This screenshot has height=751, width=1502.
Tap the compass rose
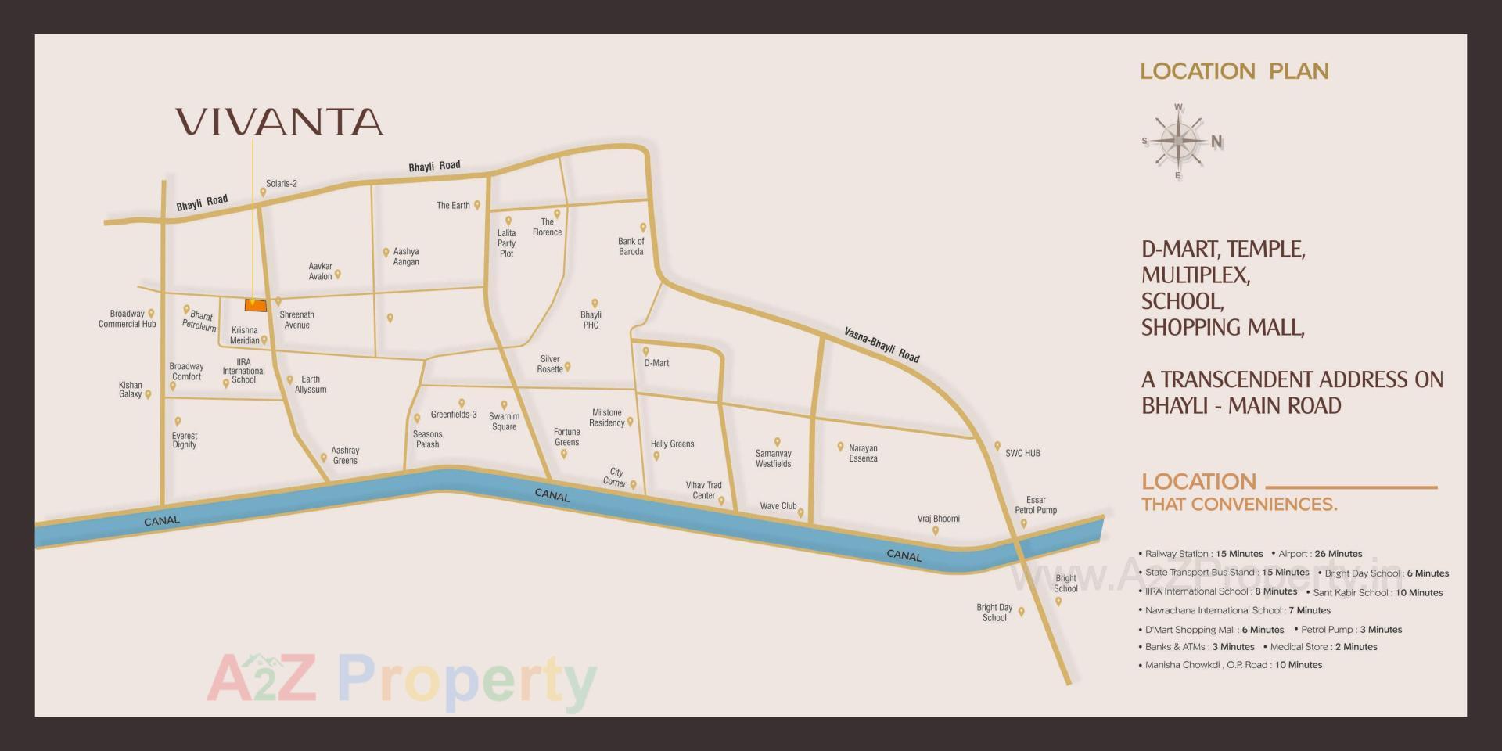click(1178, 142)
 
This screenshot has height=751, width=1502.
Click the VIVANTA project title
click(279, 122)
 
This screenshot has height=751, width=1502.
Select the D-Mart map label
click(656, 363)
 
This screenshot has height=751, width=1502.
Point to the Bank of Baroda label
click(631, 246)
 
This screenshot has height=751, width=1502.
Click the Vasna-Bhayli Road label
click(882, 344)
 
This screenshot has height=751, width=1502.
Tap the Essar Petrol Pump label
click(1036, 505)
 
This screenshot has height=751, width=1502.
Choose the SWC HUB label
click(1022, 453)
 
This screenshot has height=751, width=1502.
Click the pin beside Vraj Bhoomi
click(936, 531)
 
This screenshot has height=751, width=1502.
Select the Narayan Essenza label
click(863, 454)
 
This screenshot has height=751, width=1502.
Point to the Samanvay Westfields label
click(773, 458)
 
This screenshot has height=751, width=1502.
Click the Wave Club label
click(778, 506)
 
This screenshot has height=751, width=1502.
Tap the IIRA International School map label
click(243, 372)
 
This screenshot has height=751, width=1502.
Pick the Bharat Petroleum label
click(199, 321)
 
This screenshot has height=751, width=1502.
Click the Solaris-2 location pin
click(263, 192)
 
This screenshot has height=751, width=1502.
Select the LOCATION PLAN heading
click(1234, 71)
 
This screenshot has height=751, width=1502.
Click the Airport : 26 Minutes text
click(1321, 554)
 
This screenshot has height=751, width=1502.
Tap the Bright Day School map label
click(994, 613)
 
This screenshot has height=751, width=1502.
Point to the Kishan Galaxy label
click(131, 390)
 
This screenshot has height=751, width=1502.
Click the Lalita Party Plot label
click(506, 243)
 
